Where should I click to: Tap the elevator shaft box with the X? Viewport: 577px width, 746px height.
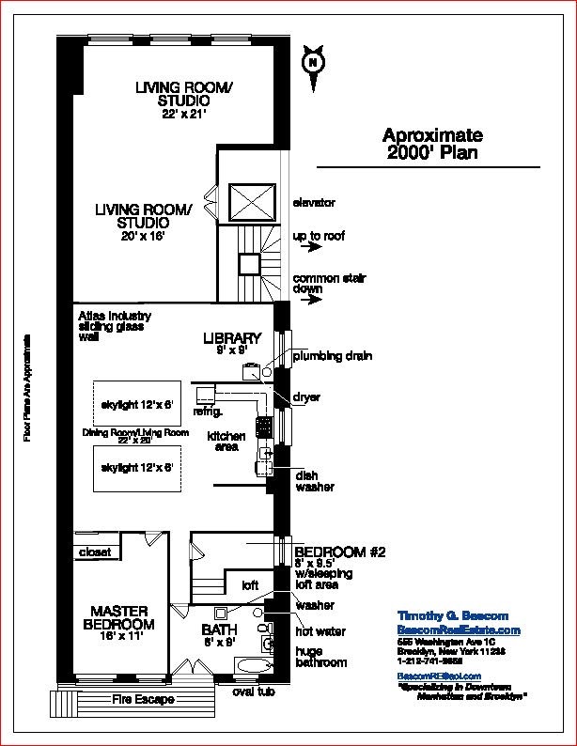pyautogui.click(x=250, y=203)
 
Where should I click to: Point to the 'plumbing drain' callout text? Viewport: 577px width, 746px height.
pyautogui.click(x=332, y=356)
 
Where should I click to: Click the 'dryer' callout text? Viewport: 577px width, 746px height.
pyautogui.click(x=306, y=397)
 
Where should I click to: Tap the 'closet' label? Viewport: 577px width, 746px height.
pyautogui.click(x=95, y=552)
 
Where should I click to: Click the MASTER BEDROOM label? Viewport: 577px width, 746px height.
pyautogui.click(x=118, y=617)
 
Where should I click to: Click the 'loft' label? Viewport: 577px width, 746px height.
pyautogui.click(x=250, y=585)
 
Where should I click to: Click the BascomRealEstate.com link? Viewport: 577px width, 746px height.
pyautogui.click(x=459, y=629)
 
